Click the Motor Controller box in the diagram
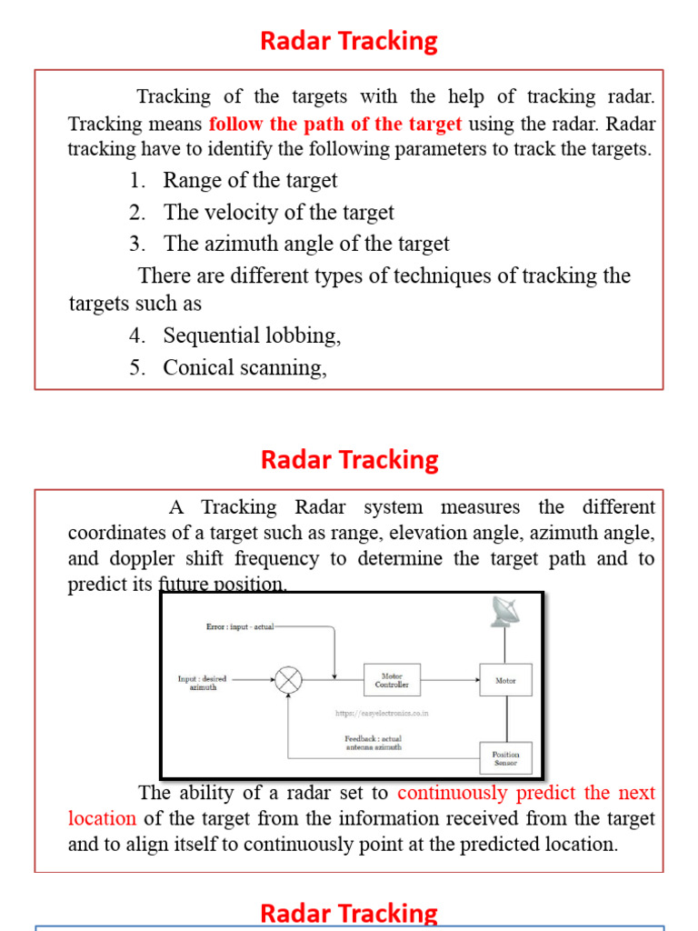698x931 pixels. [392, 680]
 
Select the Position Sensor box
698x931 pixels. [505, 757]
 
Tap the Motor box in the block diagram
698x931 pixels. [505, 680]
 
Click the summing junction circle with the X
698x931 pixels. [289, 680]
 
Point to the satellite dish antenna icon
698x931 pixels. [505, 612]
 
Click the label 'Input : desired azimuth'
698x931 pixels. [203, 683]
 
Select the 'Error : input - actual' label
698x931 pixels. [240, 626]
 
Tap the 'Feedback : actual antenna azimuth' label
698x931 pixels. [373, 743]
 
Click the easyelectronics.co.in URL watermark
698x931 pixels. [381, 713]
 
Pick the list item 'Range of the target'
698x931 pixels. [250, 180]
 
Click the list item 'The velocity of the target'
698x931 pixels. [278, 213]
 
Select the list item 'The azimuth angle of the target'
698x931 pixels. [306, 244]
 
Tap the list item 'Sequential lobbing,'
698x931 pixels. [252, 335]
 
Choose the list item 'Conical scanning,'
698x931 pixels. [244, 367]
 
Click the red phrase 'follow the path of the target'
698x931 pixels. [335, 124]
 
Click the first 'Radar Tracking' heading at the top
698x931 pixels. [349, 41]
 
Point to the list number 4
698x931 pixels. [136, 335]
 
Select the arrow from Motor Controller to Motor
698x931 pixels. [450, 680]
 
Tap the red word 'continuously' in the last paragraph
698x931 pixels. [453, 793]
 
